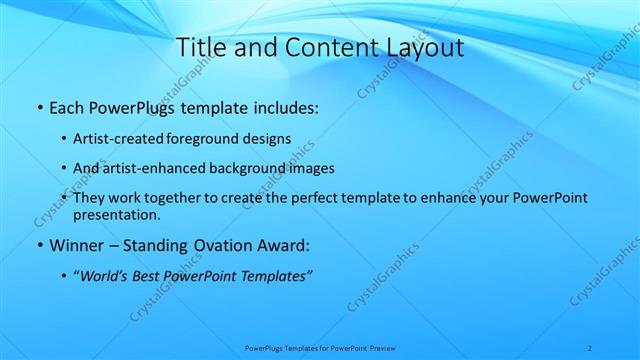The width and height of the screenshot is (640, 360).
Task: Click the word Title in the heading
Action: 201,47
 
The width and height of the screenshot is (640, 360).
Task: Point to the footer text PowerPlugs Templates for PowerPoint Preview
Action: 320,347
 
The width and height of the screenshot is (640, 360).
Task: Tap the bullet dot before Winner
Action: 38,245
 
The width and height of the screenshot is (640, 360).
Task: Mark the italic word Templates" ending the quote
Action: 278,275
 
